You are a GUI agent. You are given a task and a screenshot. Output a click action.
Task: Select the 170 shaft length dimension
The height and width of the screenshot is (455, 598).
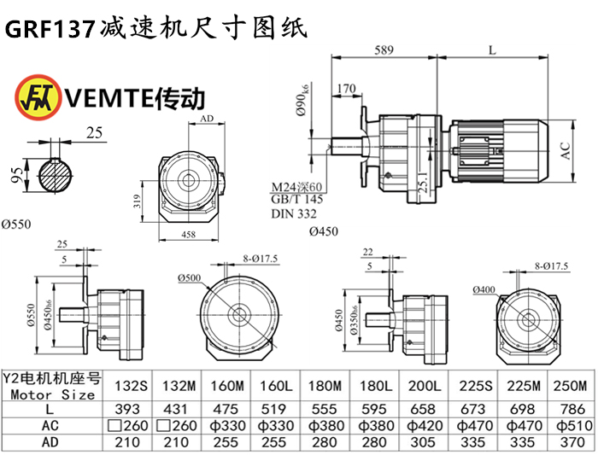[346, 88]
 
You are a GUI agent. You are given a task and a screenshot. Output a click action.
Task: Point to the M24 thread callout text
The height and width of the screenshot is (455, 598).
[296, 188]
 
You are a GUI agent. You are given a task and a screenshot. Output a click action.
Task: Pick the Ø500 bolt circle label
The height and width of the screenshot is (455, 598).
[189, 278]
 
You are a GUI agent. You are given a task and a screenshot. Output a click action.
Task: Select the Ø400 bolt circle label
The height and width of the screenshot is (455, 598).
[484, 290]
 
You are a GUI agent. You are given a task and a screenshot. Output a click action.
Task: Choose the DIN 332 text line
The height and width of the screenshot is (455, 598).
[290, 213]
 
